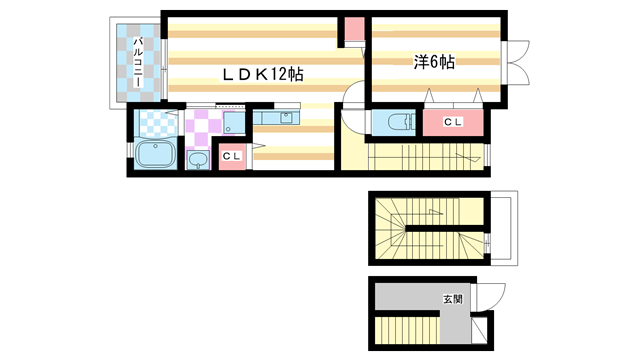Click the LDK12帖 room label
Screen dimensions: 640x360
(x=263, y=74)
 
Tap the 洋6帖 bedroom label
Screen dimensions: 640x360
(x=435, y=62)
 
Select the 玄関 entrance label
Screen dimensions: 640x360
(x=454, y=298)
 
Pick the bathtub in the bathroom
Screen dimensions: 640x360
(x=155, y=155)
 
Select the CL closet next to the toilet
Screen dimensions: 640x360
(x=453, y=122)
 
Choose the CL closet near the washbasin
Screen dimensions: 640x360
(x=231, y=158)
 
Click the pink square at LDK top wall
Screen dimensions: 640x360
(x=355, y=31)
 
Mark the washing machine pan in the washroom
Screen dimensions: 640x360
(x=232, y=125)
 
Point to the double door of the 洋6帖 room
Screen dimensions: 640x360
(x=518, y=63)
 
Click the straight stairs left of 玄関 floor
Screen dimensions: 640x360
(x=408, y=329)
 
